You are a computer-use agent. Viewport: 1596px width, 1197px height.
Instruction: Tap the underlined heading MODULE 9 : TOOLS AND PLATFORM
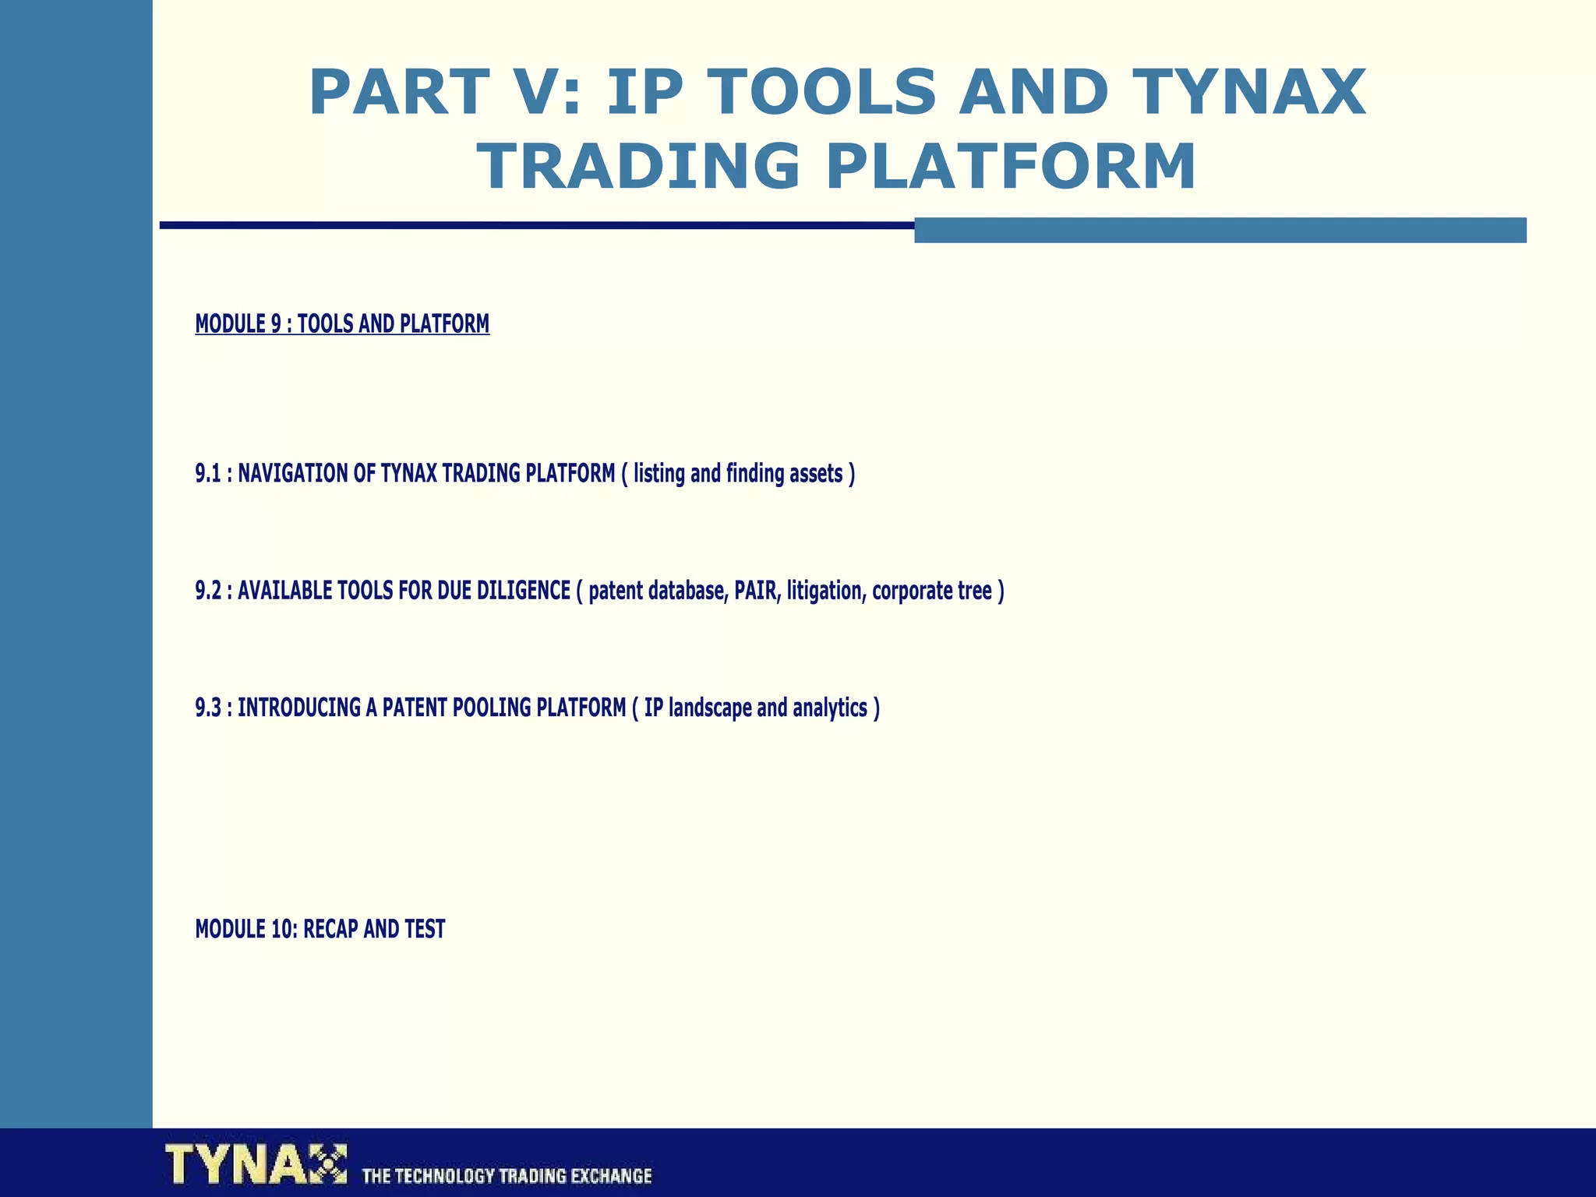342,323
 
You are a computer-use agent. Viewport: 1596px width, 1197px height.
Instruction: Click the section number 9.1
208,474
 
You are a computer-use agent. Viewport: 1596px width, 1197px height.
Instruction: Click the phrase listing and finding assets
738,474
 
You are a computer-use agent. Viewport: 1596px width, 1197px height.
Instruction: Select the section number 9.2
208,591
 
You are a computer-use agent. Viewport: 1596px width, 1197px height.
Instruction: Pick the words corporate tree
931,591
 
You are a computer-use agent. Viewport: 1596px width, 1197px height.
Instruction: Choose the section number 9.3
208,708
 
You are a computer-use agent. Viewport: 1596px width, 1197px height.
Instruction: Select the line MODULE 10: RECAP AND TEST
320,929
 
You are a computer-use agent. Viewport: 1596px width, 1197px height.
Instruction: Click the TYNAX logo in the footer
256,1164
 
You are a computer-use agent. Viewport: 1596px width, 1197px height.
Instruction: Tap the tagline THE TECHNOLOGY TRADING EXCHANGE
507,1175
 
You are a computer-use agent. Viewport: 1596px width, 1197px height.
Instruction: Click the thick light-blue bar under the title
1220,230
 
